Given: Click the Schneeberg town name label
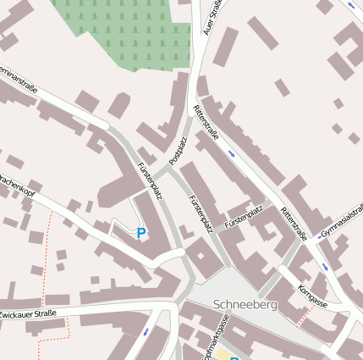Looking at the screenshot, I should coord(245,304).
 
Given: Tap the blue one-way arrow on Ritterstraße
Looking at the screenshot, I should coord(232,153).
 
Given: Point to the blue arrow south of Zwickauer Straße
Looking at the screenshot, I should coord(146,331).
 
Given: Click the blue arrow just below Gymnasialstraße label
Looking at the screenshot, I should coord(324,267).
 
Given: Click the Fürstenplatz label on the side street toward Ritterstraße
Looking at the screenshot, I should coord(245,218).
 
